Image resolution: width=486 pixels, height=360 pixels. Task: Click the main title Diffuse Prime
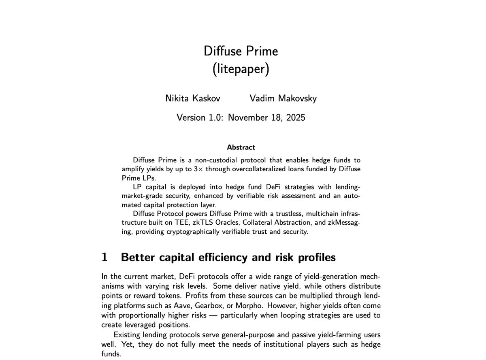241,51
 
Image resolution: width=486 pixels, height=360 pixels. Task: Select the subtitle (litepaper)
241,69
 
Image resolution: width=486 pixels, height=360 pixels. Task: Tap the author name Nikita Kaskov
194,98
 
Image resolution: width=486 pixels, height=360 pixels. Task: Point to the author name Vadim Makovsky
283,98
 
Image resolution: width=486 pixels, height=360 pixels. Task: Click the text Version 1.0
200,117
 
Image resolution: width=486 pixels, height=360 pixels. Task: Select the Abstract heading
241,147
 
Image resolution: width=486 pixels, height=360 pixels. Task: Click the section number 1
104,257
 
